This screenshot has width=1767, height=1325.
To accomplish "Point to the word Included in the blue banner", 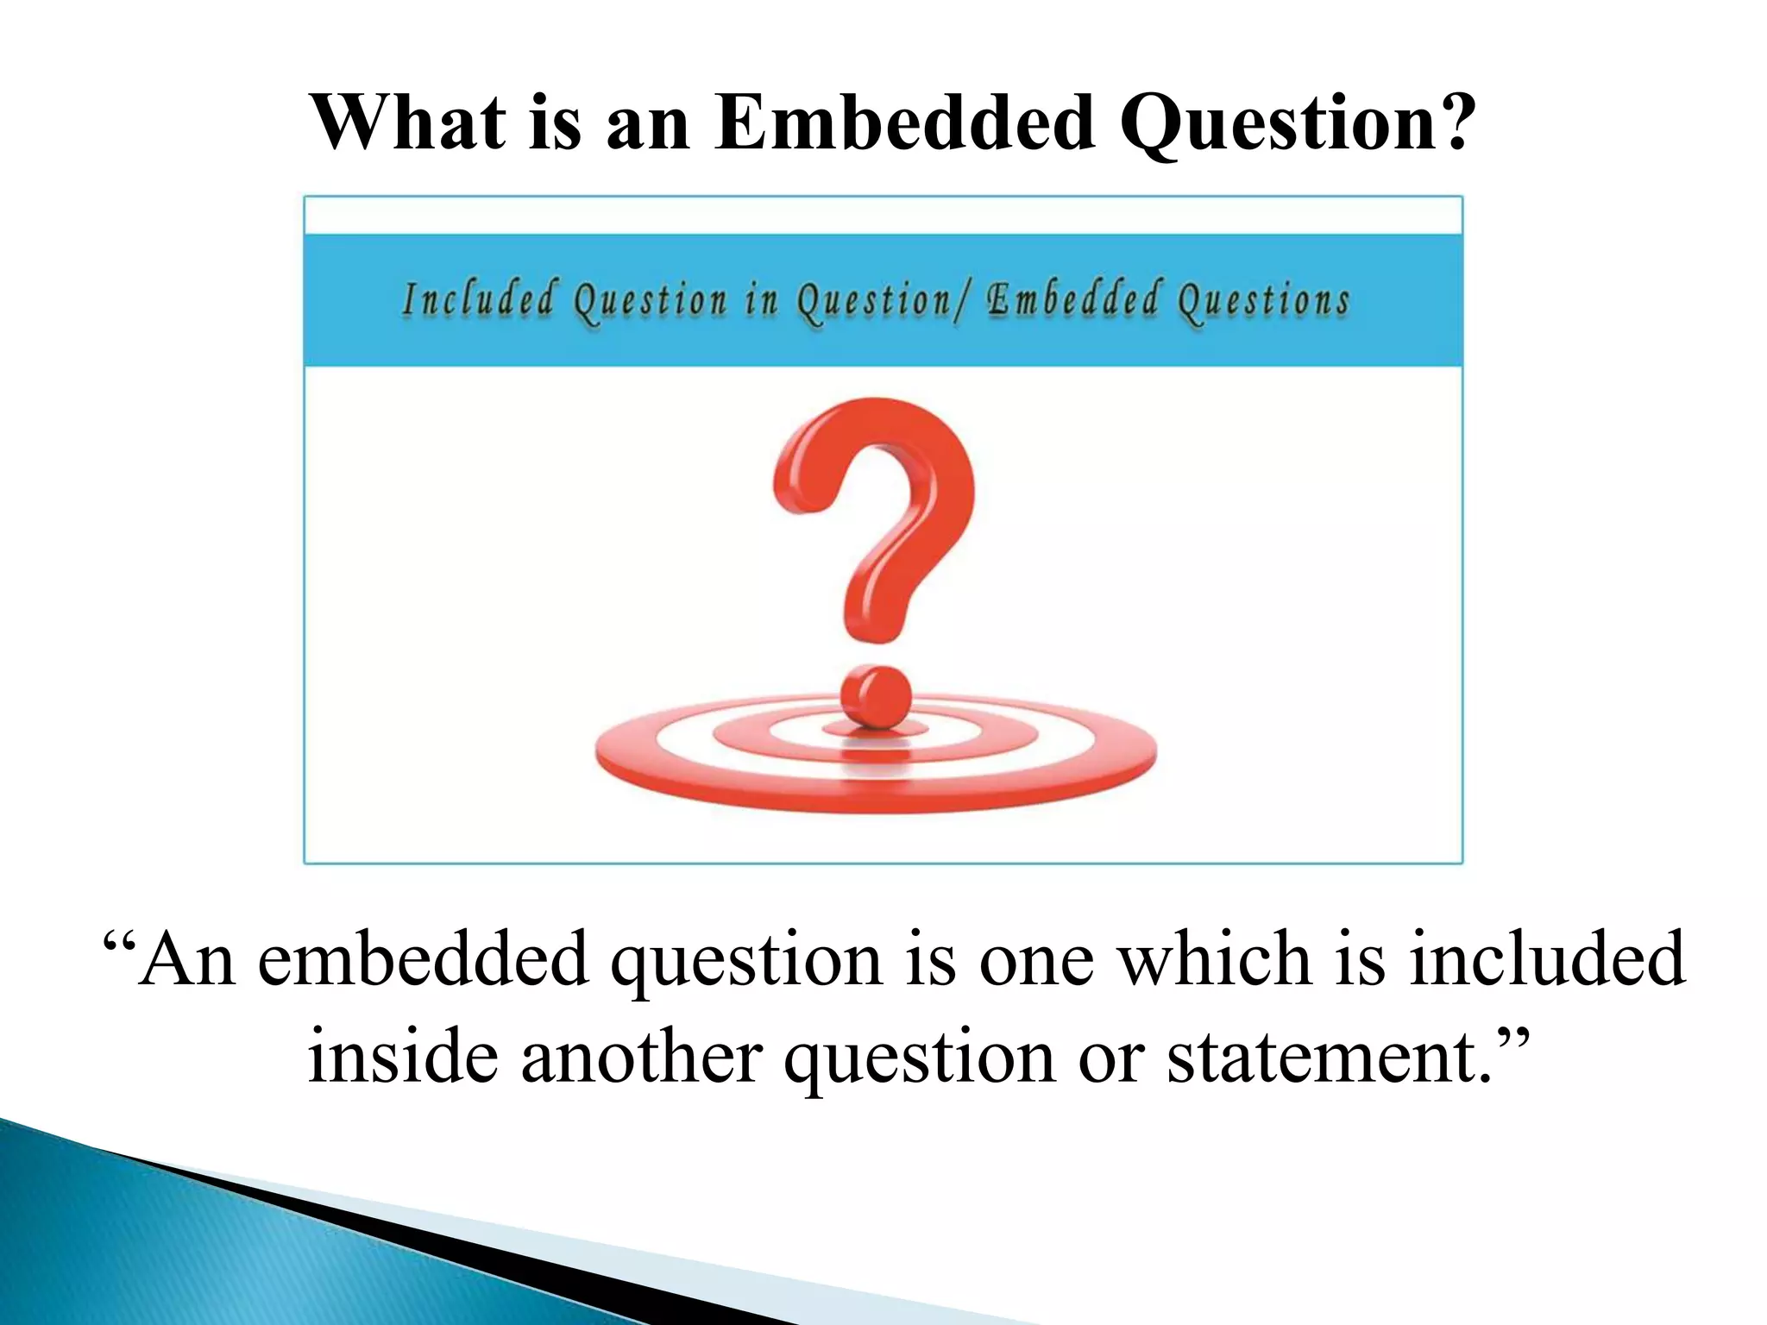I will click(x=478, y=300).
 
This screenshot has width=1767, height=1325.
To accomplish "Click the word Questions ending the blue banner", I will click(x=1263, y=300).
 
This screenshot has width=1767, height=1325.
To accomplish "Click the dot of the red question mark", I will click(x=875, y=695).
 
